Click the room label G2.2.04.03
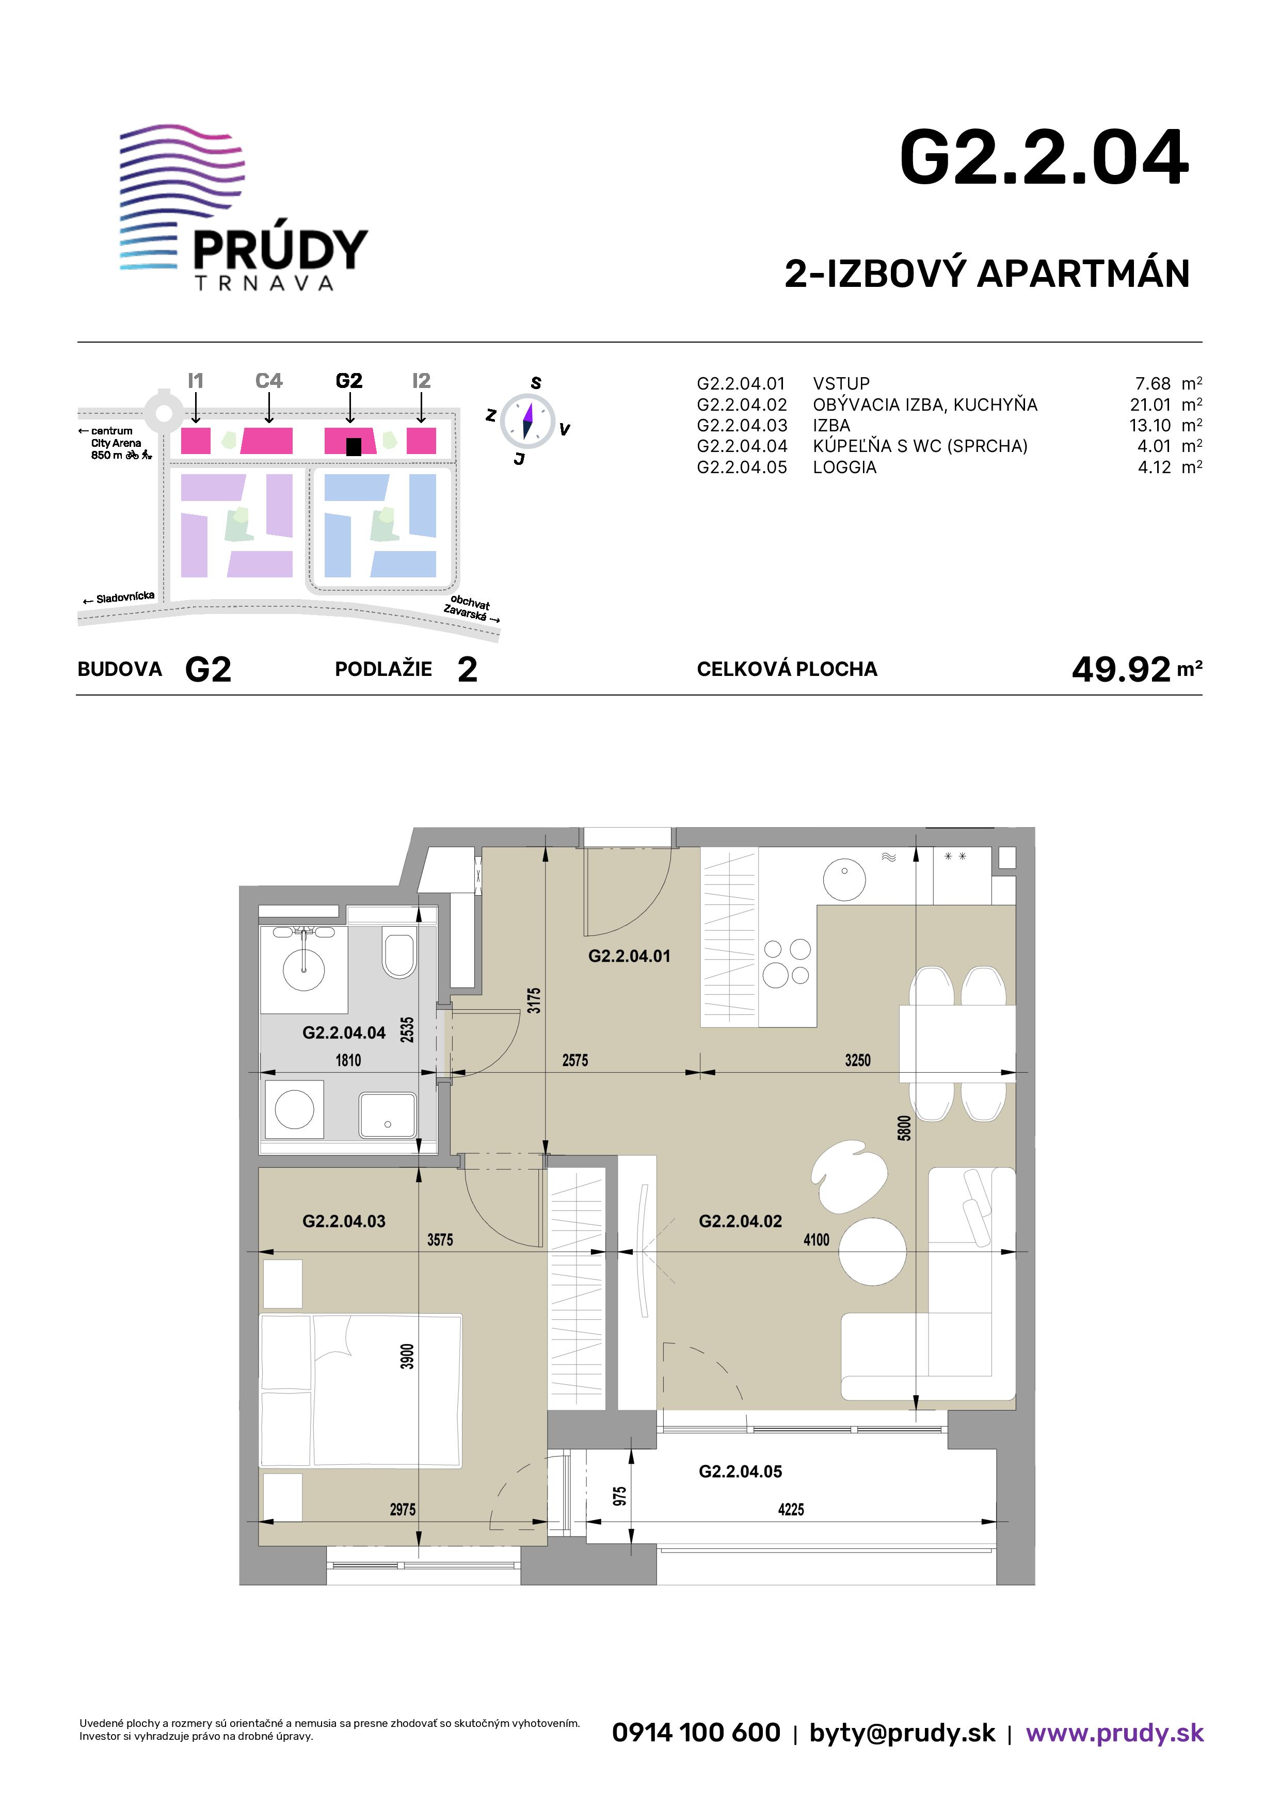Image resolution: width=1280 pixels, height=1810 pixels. (344, 1221)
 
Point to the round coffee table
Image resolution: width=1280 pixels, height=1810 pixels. (872, 1252)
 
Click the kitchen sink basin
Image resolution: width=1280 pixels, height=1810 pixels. (844, 878)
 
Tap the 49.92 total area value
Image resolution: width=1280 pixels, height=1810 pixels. (1121, 669)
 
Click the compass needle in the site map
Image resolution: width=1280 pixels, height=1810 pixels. (527, 420)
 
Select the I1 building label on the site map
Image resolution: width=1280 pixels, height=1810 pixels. (196, 381)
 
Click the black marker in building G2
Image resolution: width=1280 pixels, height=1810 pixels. (354, 447)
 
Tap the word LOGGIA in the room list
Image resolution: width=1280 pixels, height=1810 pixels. (845, 467)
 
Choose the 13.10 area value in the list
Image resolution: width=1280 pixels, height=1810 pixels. (1150, 425)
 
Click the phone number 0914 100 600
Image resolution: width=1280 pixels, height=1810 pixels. (696, 1732)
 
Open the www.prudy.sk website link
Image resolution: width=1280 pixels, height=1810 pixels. (1114, 1733)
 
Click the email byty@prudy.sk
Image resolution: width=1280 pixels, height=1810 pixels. (902, 1733)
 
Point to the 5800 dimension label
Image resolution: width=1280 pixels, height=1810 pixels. (905, 1128)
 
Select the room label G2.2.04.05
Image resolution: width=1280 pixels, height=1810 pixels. (741, 1471)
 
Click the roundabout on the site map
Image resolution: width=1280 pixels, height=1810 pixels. (163, 411)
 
